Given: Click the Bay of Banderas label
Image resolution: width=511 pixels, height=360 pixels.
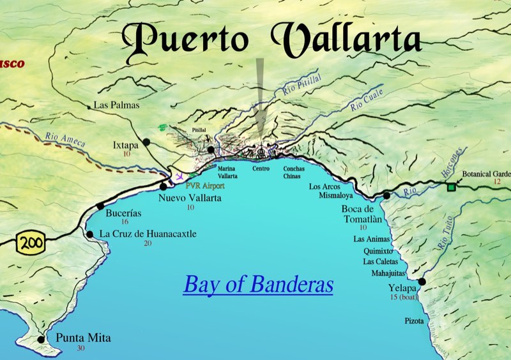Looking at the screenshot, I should tap(258, 284).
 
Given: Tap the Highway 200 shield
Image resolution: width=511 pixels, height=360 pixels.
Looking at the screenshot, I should tap(29, 243).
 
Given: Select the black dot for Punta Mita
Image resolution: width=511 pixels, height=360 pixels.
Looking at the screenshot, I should tap(42, 340).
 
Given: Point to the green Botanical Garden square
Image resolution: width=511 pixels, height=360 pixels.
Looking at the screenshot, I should tap(452, 186).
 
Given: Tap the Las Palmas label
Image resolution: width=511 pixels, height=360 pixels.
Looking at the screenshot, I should tap(116, 105).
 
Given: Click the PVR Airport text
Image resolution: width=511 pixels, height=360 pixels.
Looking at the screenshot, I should tap(205, 186).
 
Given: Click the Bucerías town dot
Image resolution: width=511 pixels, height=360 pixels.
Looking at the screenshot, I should tap(100, 206).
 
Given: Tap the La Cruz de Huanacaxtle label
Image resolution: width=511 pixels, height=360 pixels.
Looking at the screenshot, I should tap(148, 234).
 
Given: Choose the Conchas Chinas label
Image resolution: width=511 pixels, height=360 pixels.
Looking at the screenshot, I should tap(294, 172).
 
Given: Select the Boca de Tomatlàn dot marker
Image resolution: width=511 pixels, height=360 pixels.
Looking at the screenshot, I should tap(386, 196).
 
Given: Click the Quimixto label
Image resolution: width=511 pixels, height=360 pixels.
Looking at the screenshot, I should tap(377, 251).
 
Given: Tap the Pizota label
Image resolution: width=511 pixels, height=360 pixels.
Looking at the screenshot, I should tap(413, 320).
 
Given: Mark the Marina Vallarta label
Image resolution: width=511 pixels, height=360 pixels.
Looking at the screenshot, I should tap(227, 172).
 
